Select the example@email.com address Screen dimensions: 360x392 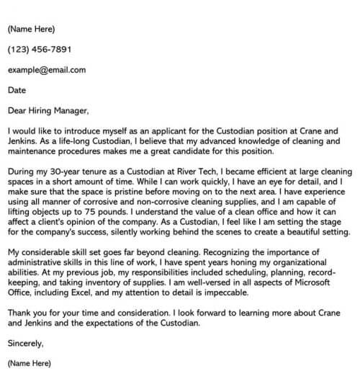coord(47,70)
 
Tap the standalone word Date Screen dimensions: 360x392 coord(17,91)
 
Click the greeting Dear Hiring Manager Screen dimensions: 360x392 coord(48,111)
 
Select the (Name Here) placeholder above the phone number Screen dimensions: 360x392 coord(31,30)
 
